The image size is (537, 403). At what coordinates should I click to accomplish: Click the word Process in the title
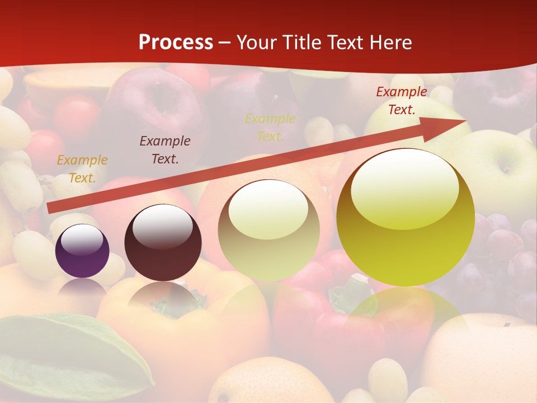(176, 43)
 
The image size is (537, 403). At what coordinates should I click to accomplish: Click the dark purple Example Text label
(165, 150)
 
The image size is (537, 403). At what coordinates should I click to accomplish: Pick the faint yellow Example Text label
(270, 128)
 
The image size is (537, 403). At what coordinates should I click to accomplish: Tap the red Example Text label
(402, 101)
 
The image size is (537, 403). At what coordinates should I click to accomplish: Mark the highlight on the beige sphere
(268, 210)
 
